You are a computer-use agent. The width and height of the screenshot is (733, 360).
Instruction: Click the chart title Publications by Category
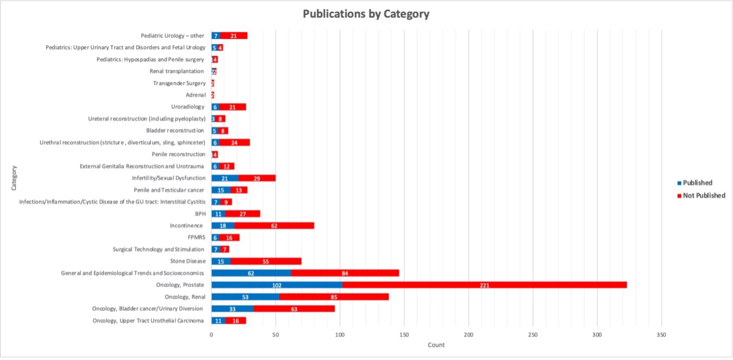pos(366,14)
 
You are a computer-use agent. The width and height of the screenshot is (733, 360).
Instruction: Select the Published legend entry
pos(698,183)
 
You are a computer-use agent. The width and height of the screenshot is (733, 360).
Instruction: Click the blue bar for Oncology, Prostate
pos(277,285)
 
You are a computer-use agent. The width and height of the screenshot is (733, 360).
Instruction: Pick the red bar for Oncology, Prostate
pos(484,285)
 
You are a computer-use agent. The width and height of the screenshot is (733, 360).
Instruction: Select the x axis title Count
pos(436,345)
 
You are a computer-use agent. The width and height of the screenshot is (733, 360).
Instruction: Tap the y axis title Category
pos(14,178)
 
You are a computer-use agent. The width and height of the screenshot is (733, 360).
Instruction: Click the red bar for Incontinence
pos(274,226)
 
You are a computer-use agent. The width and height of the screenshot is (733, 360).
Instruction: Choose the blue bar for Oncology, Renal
pos(245,297)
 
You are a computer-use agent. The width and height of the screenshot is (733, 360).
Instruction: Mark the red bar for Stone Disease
pos(266,261)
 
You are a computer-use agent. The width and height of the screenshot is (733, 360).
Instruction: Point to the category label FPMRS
pos(197,237)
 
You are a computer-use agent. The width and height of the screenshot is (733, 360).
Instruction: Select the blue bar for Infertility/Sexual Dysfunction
pos(225,178)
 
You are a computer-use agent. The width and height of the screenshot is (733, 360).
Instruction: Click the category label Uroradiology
pos(188,107)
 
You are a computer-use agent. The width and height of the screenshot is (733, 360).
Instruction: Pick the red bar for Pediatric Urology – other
pos(234,36)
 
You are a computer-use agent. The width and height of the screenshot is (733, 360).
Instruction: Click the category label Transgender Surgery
pos(179,83)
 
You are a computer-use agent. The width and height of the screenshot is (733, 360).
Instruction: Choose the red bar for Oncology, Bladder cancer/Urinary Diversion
pos(294,309)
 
